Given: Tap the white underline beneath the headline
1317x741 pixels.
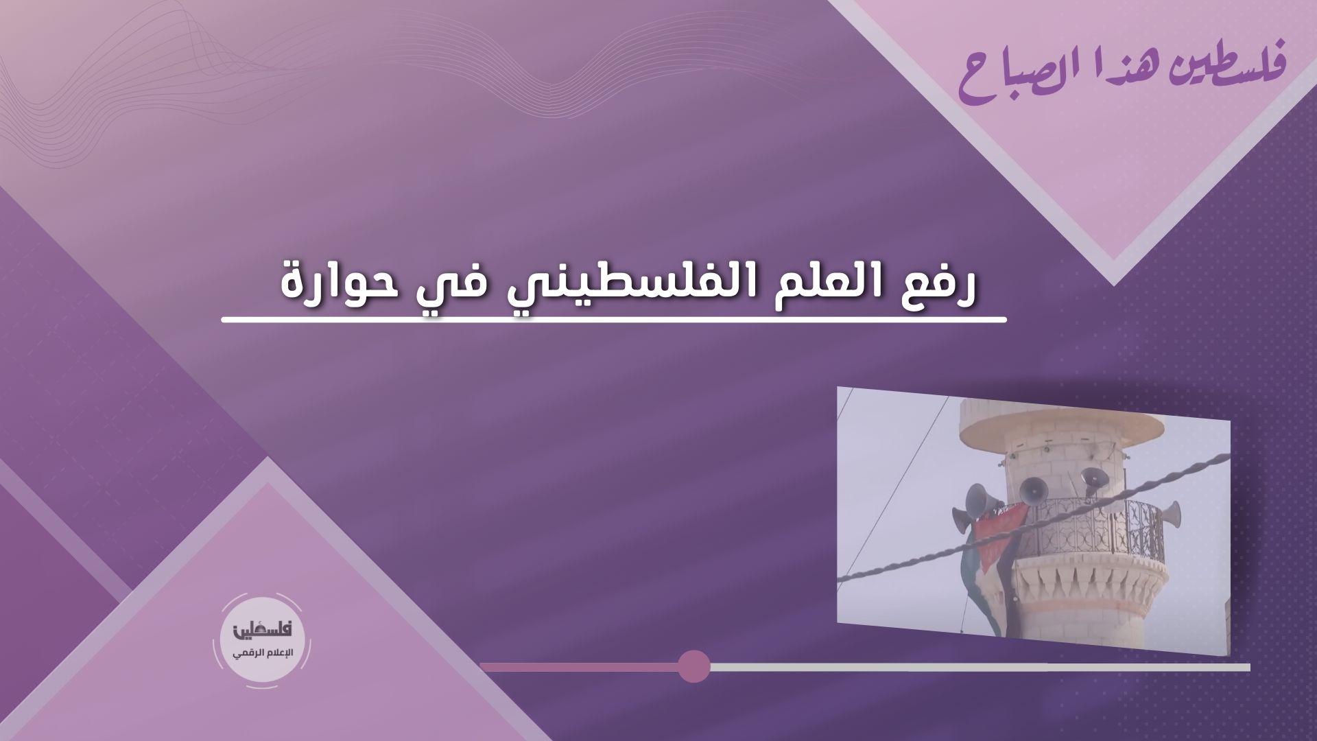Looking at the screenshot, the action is tap(614, 319).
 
